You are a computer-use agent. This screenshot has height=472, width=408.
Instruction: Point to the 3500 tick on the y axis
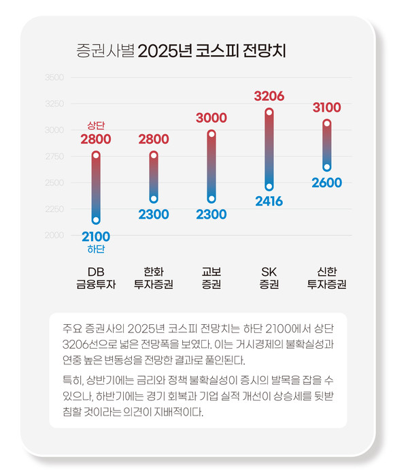coord(54,78)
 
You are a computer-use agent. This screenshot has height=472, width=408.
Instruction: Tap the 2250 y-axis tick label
coord(54,209)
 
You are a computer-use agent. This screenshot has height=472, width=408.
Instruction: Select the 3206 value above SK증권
coord(269,96)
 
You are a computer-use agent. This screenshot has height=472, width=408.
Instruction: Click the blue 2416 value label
coord(269,202)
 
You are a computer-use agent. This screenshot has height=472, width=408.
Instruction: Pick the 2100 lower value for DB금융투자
coord(96,236)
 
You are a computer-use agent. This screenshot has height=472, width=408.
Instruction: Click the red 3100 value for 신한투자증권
coord(326,108)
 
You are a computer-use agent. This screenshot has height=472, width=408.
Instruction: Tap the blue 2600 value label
coord(326,183)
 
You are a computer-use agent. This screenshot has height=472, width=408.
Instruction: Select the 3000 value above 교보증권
coord(211,118)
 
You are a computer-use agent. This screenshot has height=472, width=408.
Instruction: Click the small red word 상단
coord(96,126)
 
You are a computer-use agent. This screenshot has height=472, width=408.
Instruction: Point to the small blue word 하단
coord(96,249)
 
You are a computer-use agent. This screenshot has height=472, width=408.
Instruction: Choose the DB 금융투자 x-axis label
coord(96,278)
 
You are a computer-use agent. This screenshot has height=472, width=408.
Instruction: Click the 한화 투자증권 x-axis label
coord(154,278)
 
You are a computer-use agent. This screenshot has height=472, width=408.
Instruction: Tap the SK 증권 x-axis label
coord(269,278)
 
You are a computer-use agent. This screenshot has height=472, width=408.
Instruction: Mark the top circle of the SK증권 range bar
coord(269,112)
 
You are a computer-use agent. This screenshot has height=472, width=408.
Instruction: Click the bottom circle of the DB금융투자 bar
coord(96,219)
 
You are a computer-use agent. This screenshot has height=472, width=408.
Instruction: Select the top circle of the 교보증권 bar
coord(211,134)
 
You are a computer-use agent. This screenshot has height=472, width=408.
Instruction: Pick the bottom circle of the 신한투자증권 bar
coord(326,167)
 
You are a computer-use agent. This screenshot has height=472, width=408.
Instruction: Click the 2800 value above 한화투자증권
coord(154,140)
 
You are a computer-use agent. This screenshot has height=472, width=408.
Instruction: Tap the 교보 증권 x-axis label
coord(211,278)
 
